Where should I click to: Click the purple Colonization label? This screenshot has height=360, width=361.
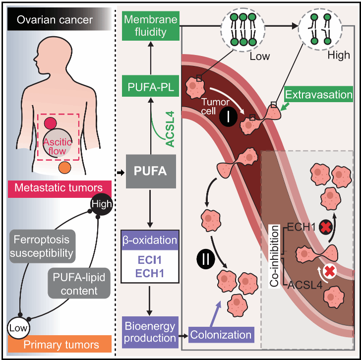click(216, 335)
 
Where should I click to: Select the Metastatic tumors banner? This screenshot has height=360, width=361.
click(58, 187)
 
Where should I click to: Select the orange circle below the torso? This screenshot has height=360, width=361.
click(64, 168)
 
